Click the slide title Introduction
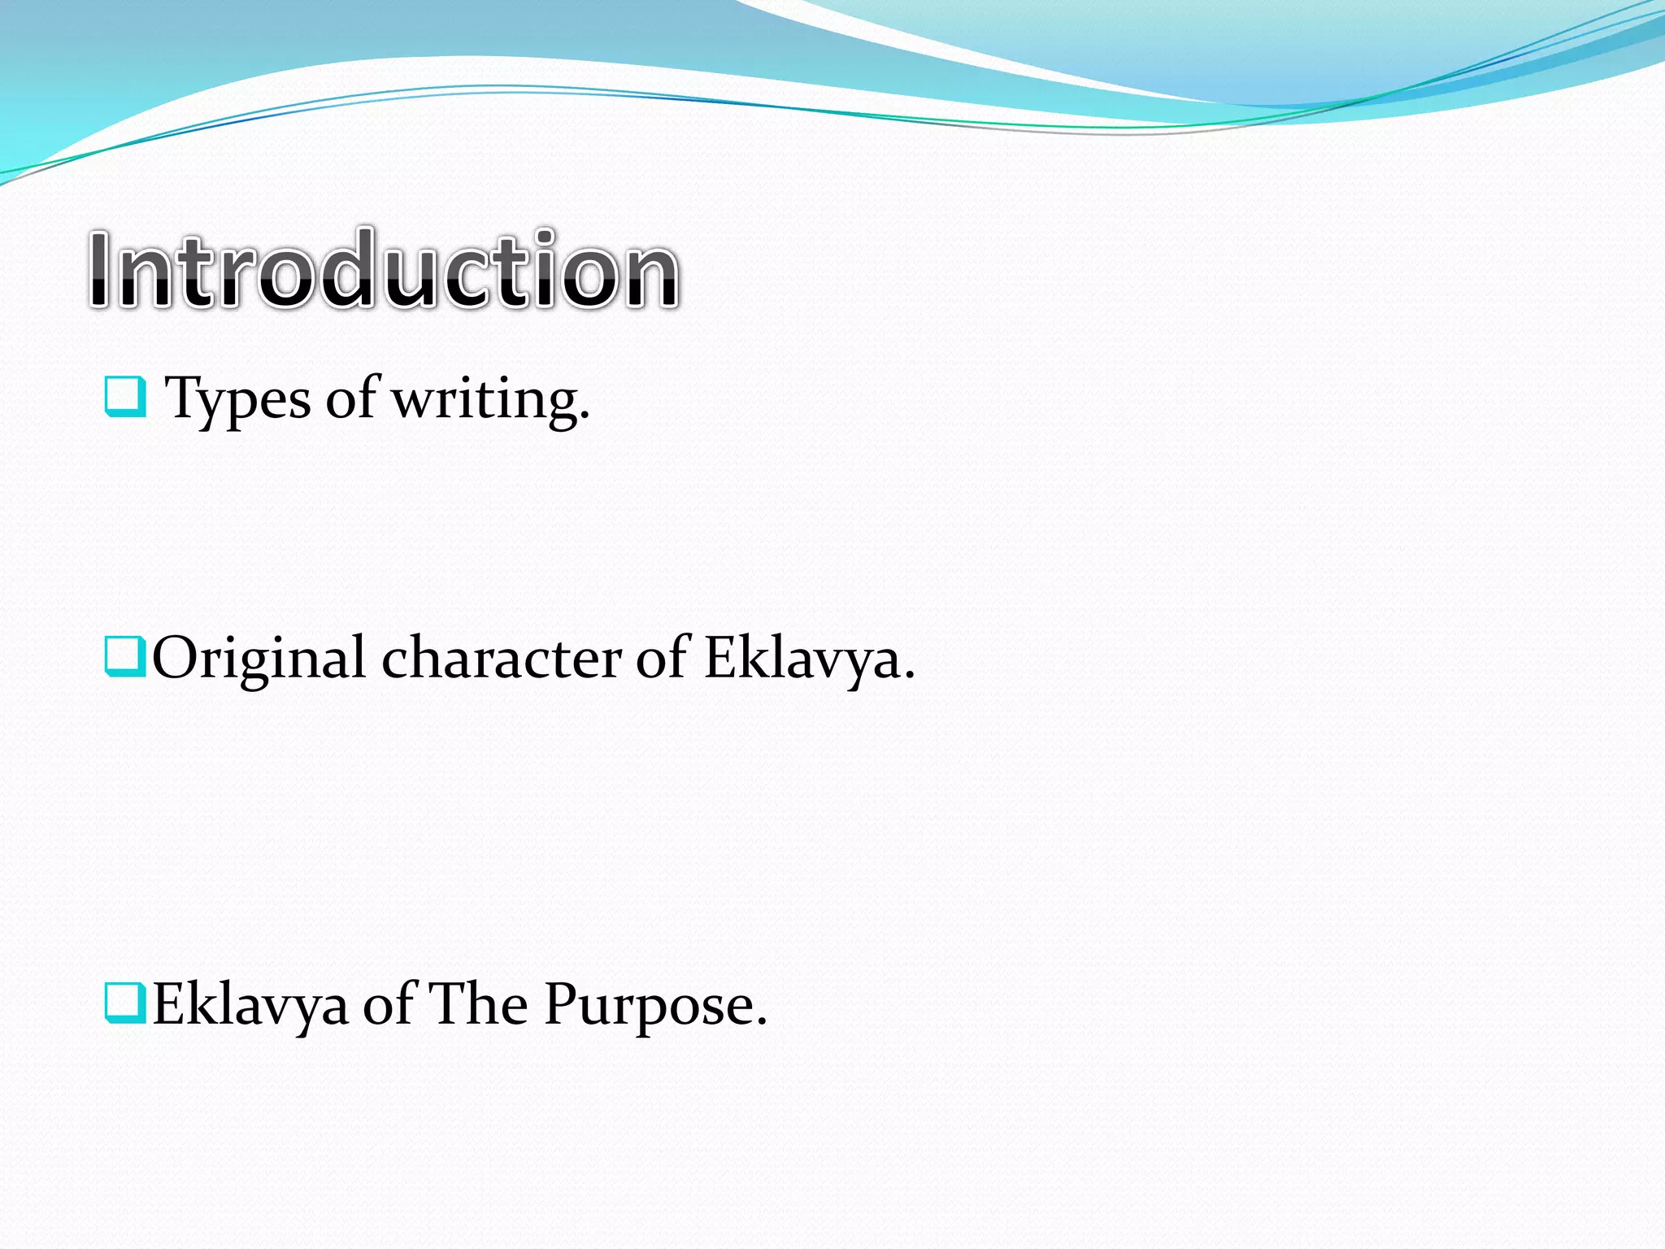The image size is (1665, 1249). (x=383, y=270)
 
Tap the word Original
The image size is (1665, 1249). (x=259, y=659)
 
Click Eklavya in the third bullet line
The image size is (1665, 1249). (x=250, y=1005)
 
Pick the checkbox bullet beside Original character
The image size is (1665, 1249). (x=125, y=657)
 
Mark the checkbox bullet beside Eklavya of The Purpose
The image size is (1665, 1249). (x=125, y=1003)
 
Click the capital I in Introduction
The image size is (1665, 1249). (x=100, y=270)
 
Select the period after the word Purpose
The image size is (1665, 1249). (x=761, y=1022)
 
